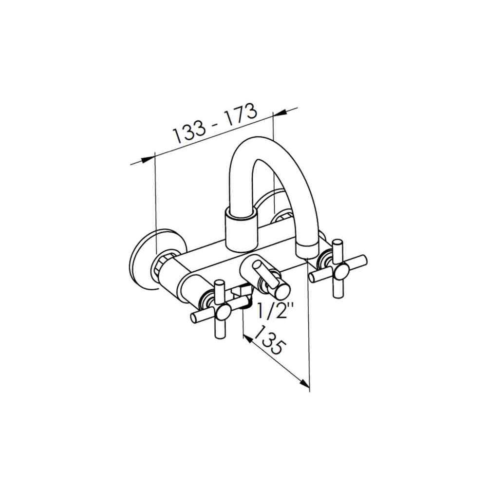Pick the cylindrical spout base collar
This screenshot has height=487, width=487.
click(x=242, y=228)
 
